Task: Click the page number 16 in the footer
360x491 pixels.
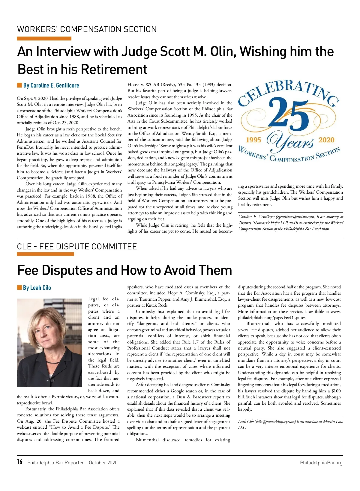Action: click(20, 462)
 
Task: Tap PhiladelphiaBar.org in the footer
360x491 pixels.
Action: click(321, 463)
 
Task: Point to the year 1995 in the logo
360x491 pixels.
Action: click(253, 140)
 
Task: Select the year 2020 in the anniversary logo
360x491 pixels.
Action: click(326, 140)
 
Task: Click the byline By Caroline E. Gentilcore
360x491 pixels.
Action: click(51, 85)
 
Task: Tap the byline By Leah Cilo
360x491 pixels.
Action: click(37, 288)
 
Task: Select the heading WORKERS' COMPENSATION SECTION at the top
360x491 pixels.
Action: click(87, 29)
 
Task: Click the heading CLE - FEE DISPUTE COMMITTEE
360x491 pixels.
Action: click(77, 247)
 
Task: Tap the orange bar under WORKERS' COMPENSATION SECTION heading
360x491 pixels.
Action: click(44, 38)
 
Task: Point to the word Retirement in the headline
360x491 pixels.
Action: click(114, 69)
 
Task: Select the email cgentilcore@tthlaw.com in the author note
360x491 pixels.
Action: click(295, 217)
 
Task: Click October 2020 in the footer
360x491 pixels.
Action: click(103, 463)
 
